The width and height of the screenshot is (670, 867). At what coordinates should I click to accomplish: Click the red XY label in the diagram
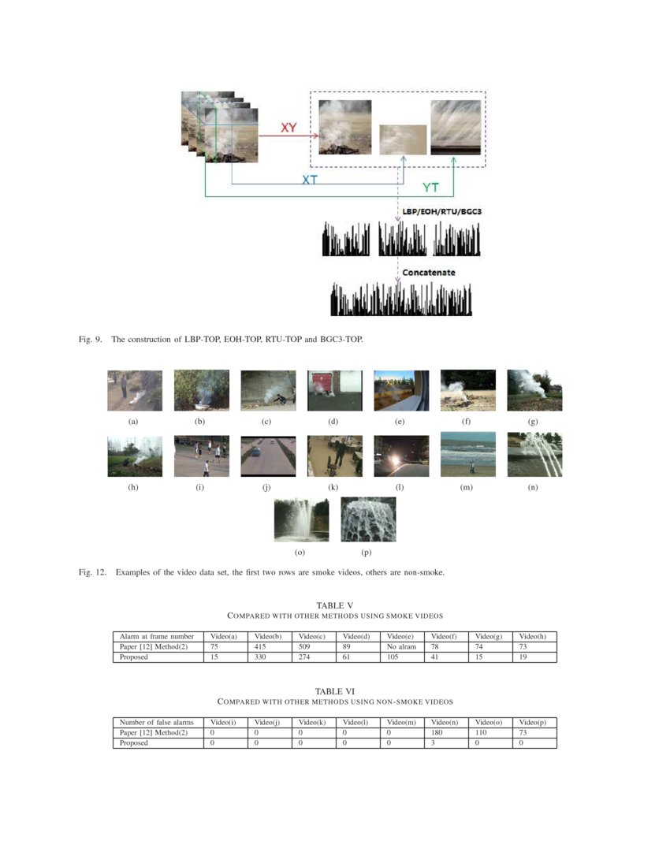[288, 127]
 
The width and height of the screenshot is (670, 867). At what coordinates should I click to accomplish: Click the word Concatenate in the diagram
[429, 273]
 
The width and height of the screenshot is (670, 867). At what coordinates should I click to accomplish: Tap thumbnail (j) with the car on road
[268, 456]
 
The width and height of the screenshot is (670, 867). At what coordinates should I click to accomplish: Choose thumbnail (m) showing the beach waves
[467, 455]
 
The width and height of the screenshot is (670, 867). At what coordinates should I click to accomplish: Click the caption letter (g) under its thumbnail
[534, 422]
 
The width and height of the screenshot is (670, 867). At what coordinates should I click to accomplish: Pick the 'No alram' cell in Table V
[401, 646]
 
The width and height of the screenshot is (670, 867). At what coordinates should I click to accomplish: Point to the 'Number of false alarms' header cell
[156, 722]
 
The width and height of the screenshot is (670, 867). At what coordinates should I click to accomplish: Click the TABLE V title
[334, 605]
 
